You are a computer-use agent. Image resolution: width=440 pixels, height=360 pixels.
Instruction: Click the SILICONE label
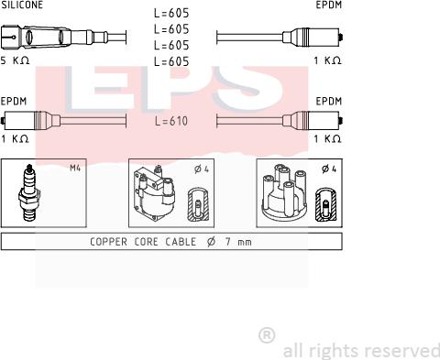[22, 5]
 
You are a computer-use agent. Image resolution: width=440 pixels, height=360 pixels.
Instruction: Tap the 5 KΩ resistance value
[15, 60]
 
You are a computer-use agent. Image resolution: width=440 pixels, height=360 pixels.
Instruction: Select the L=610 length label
[171, 121]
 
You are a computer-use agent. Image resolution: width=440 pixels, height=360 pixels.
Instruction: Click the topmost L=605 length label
[171, 13]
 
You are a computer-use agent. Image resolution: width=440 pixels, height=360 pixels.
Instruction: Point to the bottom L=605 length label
[171, 61]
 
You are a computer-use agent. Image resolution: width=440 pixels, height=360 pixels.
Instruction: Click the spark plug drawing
[29, 192]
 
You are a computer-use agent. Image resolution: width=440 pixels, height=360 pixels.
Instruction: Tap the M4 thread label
[75, 168]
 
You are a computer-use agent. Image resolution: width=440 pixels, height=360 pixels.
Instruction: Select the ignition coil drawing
[154, 192]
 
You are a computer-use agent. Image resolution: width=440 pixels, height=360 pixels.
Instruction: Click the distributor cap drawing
[284, 191]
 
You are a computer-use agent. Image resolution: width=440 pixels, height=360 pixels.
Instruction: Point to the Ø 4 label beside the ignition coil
[202, 169]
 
